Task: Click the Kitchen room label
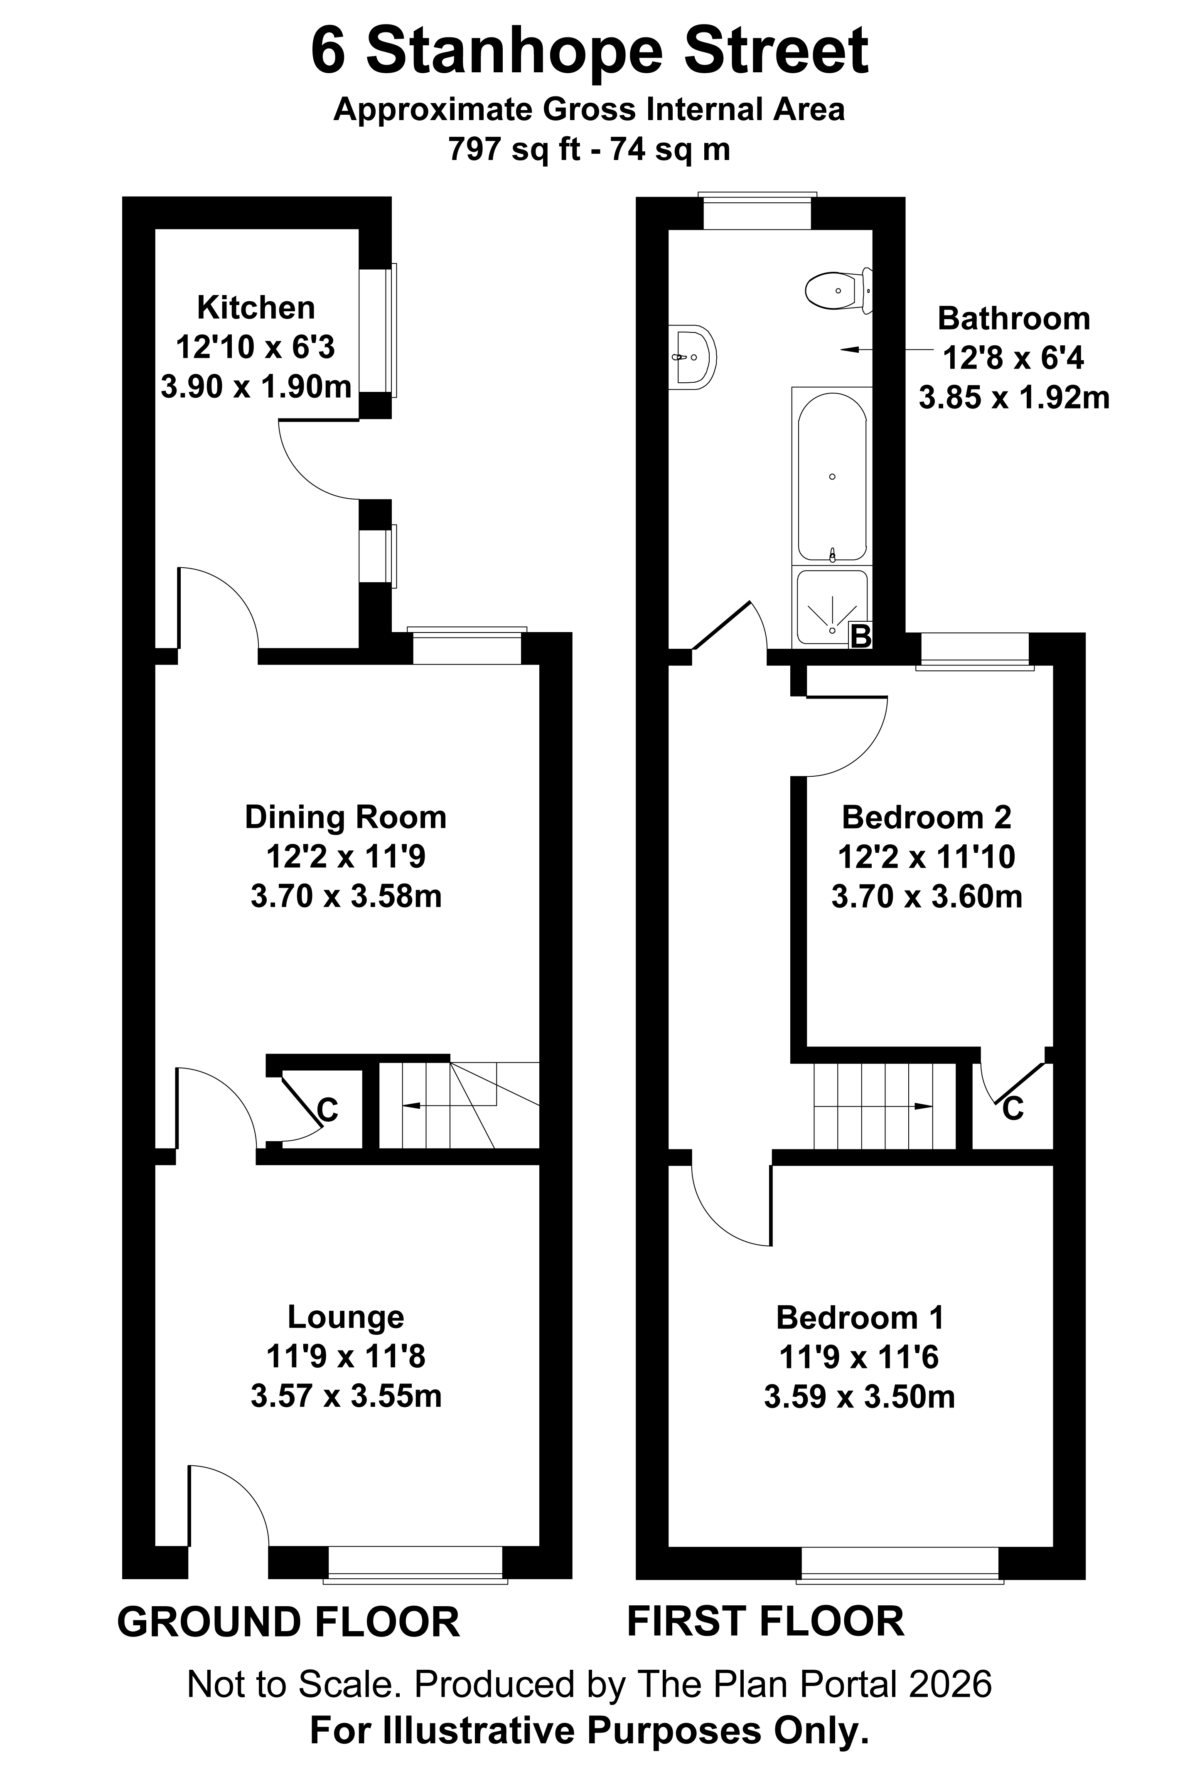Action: click(x=256, y=308)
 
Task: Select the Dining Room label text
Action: click(x=345, y=817)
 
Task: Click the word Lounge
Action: click(x=345, y=1317)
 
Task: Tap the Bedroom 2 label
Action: click(x=927, y=817)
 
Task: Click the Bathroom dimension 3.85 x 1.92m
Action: click(x=1014, y=397)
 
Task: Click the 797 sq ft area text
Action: click(x=516, y=149)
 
